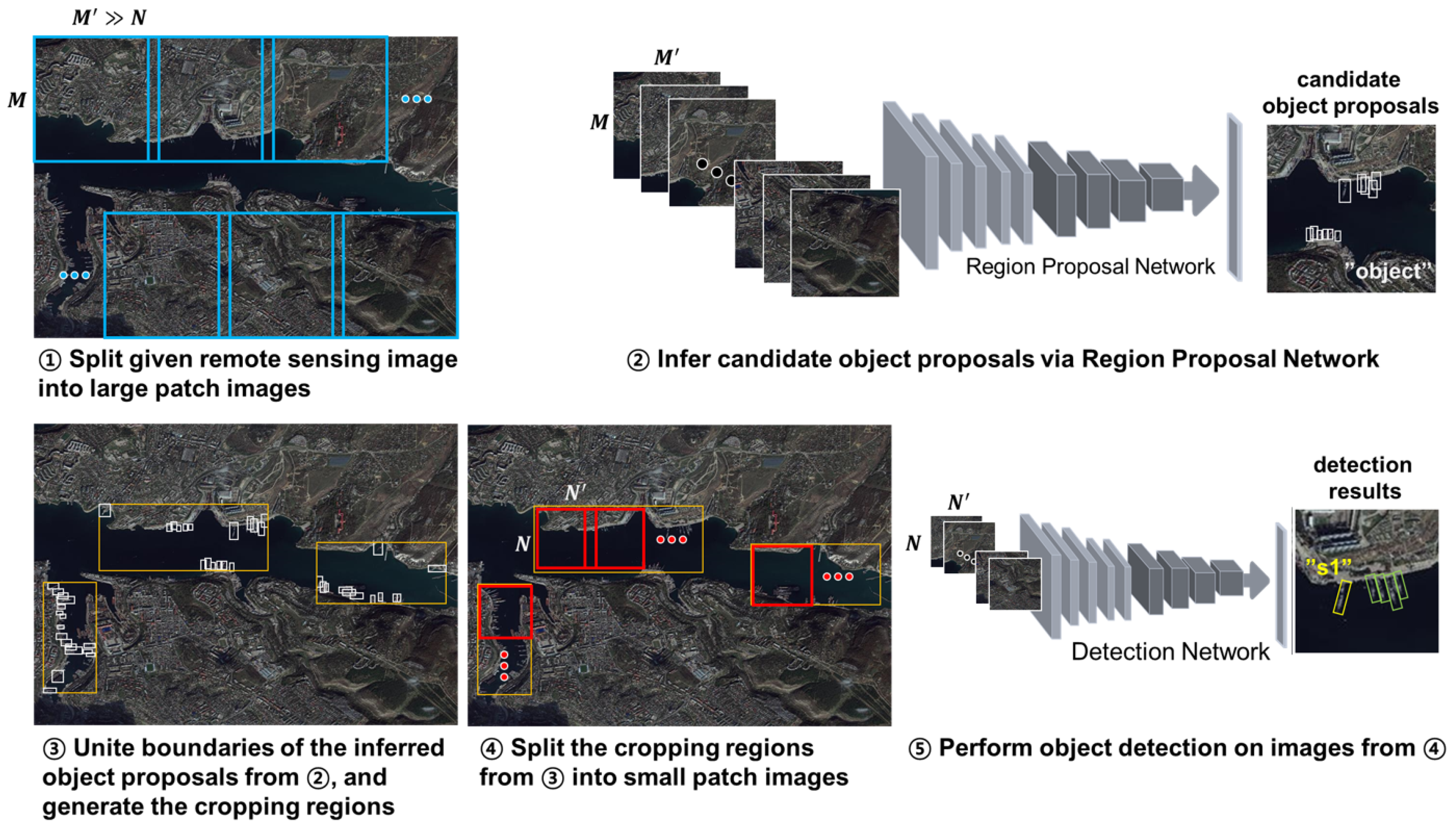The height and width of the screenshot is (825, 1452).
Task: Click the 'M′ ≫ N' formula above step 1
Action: click(109, 18)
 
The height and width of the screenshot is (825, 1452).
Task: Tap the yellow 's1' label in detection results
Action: click(1327, 566)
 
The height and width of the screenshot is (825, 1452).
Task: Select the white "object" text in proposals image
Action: click(1387, 271)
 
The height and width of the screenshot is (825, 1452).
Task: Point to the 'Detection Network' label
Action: click(1170, 651)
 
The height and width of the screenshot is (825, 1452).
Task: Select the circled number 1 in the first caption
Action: click(50, 360)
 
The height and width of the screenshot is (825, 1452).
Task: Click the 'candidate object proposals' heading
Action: click(1350, 92)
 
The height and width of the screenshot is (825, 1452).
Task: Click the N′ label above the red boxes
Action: click(575, 492)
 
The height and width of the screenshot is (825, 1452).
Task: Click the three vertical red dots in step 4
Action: click(504, 666)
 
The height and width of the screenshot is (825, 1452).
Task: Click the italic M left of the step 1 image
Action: click(17, 100)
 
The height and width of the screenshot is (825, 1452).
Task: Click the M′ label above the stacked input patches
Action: click(666, 57)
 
